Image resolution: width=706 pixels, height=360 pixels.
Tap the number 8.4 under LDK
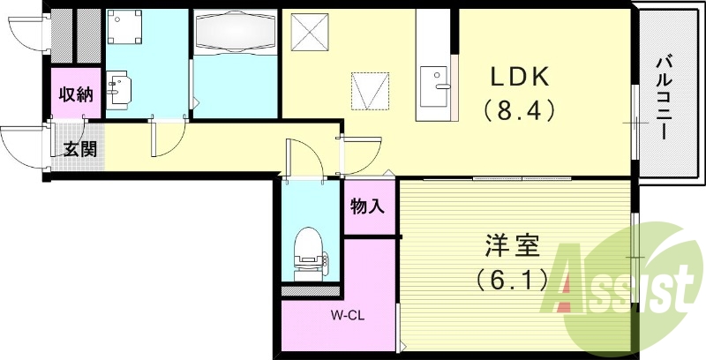pyautogui.click(x=519, y=111)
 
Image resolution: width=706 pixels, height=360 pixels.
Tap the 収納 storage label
pyautogui.click(x=76, y=95)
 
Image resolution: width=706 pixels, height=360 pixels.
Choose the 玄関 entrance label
pyautogui.click(x=79, y=149)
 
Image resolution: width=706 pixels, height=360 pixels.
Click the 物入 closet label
pyautogui.click(x=368, y=207)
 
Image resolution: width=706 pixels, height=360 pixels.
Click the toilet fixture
pyautogui.click(x=309, y=250)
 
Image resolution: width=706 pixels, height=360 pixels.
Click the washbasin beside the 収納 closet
pyautogui.click(x=120, y=87)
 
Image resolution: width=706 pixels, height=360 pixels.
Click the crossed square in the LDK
pyautogui.click(x=313, y=33)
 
